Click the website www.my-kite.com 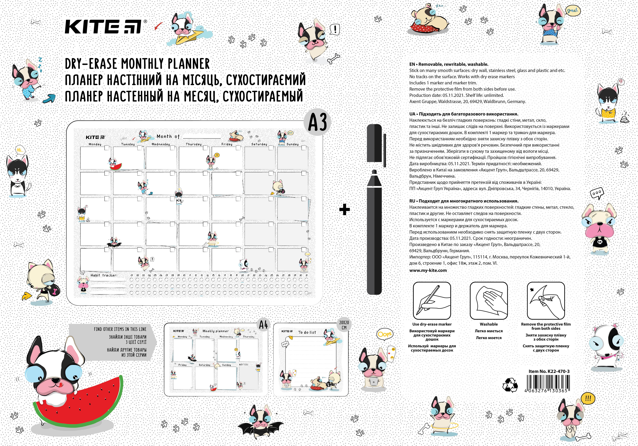[428, 270]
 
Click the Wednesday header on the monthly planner [161, 144]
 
